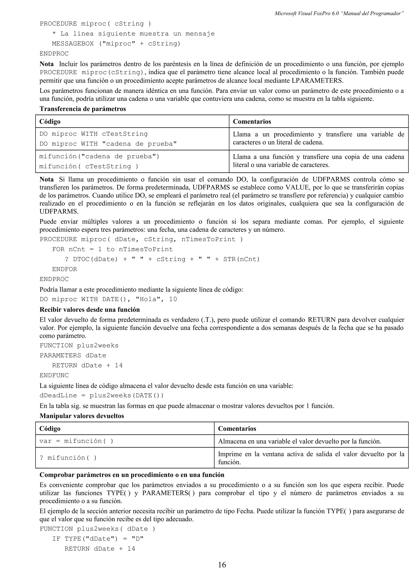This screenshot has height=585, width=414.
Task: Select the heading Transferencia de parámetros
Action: (x=83, y=109)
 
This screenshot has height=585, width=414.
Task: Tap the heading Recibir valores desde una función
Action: (x=90, y=310)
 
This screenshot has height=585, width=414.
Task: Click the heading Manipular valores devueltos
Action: (x=82, y=416)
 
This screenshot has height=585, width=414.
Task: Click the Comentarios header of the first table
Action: (x=252, y=122)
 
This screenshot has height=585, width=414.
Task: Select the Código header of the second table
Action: (x=50, y=429)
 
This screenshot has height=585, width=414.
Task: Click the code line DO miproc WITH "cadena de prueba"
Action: (x=108, y=144)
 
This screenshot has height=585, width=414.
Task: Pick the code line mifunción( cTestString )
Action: (x=89, y=166)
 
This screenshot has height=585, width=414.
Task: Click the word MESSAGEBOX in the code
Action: (x=73, y=44)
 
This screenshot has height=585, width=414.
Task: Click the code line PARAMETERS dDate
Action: (x=73, y=355)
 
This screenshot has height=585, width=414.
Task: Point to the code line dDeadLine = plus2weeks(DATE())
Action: (x=101, y=395)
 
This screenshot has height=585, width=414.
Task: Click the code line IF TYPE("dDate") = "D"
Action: (x=98, y=539)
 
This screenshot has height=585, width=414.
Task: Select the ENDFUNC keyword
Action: (x=54, y=375)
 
